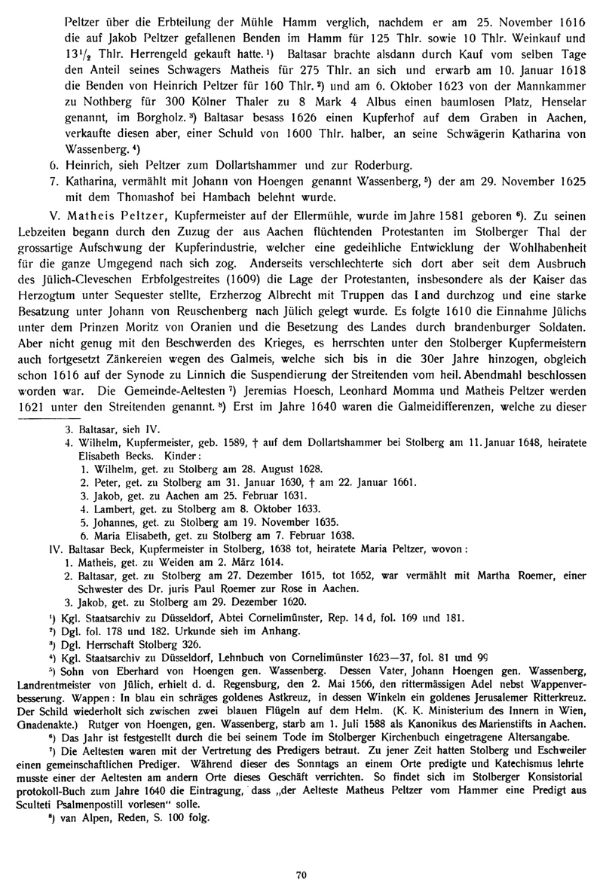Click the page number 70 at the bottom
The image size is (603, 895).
(301, 875)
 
